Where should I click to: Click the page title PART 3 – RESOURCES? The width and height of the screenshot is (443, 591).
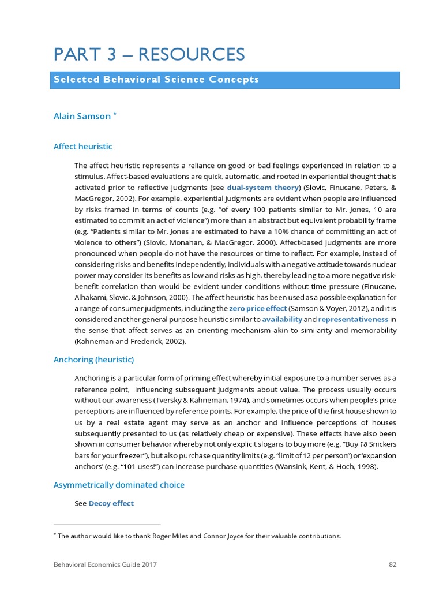(149, 54)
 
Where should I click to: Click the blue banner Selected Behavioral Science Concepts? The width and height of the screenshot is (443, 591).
(156, 80)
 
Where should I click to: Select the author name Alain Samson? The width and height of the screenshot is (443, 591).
(82, 116)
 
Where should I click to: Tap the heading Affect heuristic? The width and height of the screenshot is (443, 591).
(82, 147)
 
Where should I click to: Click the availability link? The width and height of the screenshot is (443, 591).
(281, 319)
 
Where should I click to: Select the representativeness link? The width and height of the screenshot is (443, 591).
(353, 319)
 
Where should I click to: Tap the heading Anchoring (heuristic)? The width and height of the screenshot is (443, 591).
(93, 360)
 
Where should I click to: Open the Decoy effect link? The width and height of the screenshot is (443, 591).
(111, 503)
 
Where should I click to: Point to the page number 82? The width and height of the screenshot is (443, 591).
(392, 564)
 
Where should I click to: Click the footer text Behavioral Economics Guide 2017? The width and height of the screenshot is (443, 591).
(105, 564)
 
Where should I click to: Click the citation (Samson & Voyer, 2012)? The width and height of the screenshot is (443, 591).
(326, 309)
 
